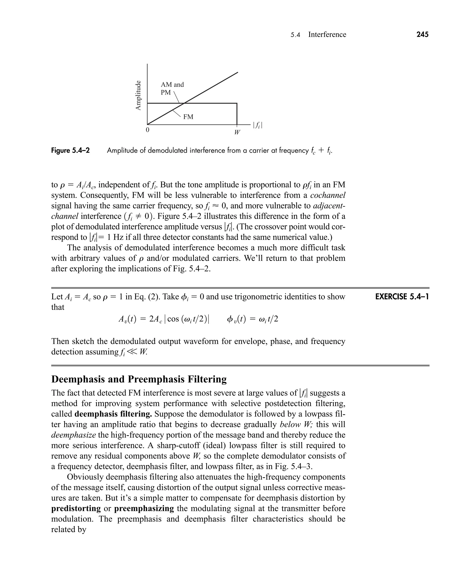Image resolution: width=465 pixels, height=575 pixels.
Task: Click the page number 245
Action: (x=422, y=34)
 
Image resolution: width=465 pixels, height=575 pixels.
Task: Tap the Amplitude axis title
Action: (x=138, y=95)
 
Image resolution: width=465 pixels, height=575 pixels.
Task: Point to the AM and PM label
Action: (x=172, y=88)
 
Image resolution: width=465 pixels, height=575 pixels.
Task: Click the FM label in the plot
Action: (x=188, y=117)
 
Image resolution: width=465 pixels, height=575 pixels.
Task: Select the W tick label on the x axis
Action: (x=237, y=132)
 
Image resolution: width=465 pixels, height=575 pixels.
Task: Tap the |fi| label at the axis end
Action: (x=257, y=125)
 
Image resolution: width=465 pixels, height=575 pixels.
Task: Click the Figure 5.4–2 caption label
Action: (x=70, y=151)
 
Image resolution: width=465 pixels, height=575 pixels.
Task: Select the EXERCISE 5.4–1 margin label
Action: (x=402, y=297)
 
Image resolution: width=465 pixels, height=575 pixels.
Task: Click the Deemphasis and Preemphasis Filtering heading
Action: (x=139, y=379)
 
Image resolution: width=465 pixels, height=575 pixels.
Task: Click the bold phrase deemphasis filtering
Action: (x=113, y=414)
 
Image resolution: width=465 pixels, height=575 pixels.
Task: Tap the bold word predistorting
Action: (x=76, y=508)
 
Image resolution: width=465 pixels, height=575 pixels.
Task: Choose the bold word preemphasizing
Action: (x=144, y=508)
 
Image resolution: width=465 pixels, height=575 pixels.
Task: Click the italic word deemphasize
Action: (x=73, y=435)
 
